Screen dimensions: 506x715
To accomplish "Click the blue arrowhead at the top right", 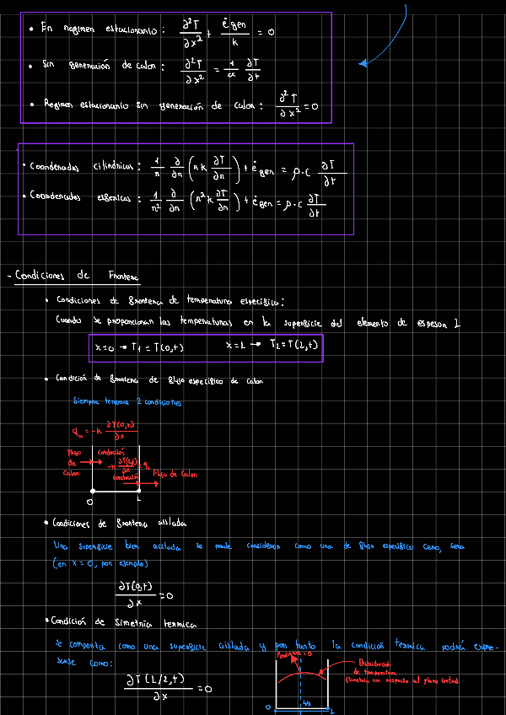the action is point(363,62).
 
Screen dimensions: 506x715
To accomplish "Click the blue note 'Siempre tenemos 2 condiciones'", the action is point(126,402).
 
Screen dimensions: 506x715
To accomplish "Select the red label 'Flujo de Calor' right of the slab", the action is point(175,474).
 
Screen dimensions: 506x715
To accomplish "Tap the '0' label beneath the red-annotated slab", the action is point(89,501).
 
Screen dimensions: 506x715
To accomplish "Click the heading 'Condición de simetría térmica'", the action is point(125,623).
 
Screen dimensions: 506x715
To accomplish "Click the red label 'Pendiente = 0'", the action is point(294,653).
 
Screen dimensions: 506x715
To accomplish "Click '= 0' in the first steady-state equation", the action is point(266,32).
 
